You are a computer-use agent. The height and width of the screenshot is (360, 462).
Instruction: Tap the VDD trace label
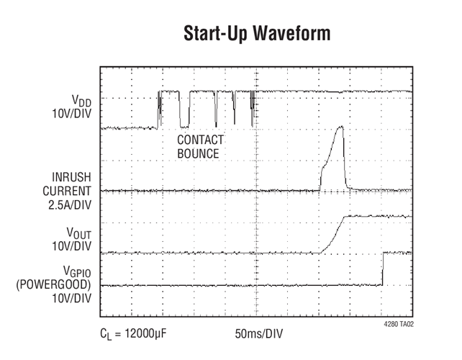[81, 101]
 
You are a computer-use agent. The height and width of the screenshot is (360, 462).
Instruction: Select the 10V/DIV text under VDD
[71, 114]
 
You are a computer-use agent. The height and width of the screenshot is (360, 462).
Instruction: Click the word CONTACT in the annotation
[200, 140]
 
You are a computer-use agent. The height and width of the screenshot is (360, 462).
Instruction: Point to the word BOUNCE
[198, 153]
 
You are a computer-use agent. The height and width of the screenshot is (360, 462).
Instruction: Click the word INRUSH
[71, 177]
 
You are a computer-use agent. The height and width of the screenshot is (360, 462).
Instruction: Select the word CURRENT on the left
[67, 191]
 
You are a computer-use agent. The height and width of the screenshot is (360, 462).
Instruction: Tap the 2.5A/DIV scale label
[70, 205]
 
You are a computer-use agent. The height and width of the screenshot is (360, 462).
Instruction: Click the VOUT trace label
[79, 233]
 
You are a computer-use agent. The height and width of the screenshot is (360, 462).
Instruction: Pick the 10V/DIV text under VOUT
[71, 246]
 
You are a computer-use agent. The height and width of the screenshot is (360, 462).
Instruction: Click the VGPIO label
[77, 271]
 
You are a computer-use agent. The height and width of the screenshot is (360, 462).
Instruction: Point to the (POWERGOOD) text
[53, 284]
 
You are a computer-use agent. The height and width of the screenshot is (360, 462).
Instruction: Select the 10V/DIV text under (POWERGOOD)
[71, 298]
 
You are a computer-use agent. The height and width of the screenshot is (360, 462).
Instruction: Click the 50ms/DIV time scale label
[258, 334]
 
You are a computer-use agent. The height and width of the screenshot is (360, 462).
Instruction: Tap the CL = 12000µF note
[133, 334]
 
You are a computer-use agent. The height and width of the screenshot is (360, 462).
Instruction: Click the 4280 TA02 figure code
[399, 324]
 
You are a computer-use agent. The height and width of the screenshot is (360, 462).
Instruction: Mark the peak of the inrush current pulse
[341, 127]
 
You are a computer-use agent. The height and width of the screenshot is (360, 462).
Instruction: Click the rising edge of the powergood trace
[383, 269]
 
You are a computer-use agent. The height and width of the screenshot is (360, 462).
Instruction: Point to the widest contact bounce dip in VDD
[184, 109]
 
